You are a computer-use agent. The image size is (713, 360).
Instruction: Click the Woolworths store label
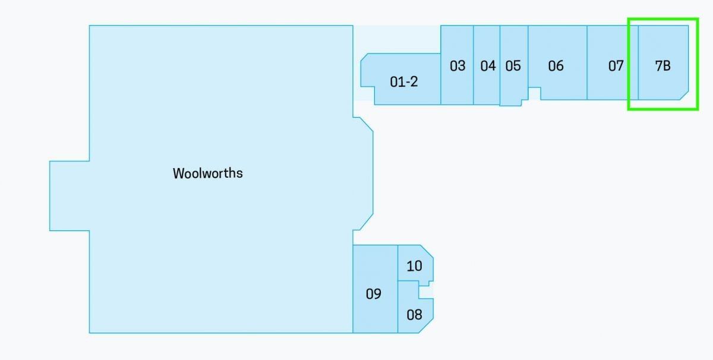(207, 173)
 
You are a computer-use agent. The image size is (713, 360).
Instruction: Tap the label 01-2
(403, 82)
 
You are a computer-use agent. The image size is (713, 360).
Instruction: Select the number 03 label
(458, 66)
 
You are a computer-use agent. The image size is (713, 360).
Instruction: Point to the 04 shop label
(488, 66)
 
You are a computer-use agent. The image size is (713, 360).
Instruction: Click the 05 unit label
(513, 66)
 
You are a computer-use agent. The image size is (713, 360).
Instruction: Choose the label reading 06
(556, 66)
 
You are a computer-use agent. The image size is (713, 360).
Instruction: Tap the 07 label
(616, 66)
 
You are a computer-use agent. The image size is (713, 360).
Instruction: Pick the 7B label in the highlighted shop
(662, 66)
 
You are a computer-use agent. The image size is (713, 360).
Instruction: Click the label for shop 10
(414, 266)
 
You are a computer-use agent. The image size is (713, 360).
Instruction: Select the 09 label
(373, 294)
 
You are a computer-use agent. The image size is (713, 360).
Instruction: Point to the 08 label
(414, 315)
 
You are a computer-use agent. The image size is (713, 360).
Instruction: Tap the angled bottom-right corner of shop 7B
(684, 96)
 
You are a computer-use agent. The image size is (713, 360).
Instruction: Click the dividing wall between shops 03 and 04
(474, 65)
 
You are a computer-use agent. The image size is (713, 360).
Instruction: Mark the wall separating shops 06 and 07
(587, 62)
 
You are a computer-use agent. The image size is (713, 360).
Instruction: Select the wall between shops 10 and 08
(408, 281)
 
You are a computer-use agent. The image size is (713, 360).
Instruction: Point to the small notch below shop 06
(534, 94)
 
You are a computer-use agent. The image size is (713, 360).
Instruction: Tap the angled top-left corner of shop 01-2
(364, 57)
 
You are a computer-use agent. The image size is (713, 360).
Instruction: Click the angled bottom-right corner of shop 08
(426, 326)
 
